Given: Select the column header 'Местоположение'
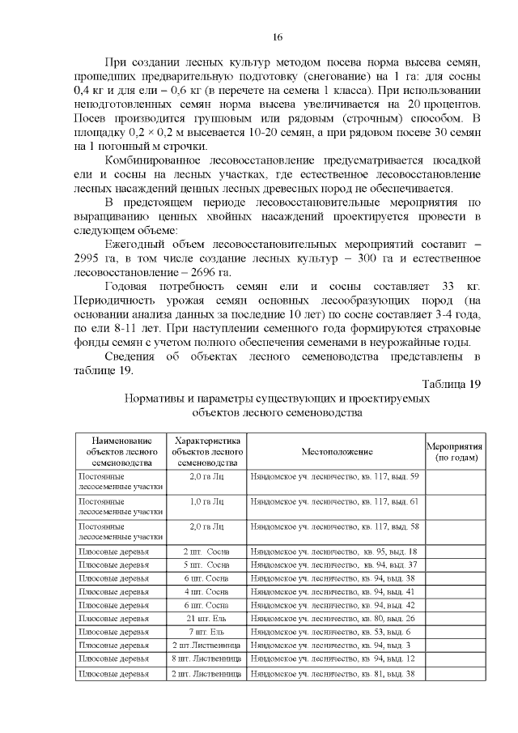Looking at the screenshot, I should point(337,451).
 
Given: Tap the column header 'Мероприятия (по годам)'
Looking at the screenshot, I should point(455,451).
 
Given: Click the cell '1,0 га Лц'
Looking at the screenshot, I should point(207,502).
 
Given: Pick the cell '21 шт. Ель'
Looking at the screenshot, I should point(207,618).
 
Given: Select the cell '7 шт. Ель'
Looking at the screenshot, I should point(207,632).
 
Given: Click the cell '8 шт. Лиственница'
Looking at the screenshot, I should point(207,659).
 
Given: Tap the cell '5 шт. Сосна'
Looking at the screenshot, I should point(207,564).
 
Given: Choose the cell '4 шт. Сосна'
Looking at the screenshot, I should point(207,591).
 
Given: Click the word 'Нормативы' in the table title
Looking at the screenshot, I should point(155,398).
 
